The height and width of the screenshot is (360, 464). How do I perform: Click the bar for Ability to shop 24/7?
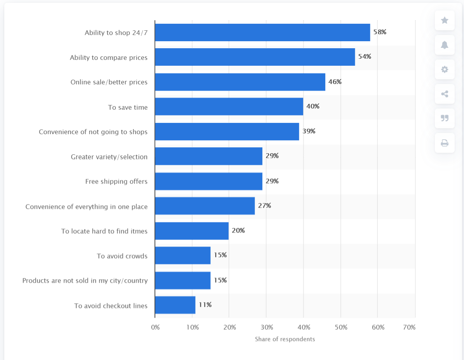(x=262, y=32)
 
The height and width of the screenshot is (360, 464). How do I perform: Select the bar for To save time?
(x=229, y=107)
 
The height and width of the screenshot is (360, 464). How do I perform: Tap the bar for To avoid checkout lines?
(x=175, y=305)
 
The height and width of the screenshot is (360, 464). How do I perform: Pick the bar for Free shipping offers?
(x=209, y=181)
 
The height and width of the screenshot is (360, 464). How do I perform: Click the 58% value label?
(x=380, y=32)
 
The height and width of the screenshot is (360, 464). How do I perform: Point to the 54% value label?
(x=365, y=56)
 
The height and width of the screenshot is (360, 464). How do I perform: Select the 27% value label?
(x=264, y=206)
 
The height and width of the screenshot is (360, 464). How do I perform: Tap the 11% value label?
(x=205, y=305)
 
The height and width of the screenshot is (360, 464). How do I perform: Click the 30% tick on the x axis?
(x=267, y=327)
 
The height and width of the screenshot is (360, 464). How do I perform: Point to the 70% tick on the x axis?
(x=409, y=327)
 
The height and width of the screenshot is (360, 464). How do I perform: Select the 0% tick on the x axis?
(x=155, y=327)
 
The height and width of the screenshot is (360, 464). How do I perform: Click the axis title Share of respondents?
(x=285, y=339)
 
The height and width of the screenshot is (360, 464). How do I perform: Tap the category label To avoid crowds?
(x=122, y=256)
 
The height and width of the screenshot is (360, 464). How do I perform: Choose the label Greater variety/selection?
(x=109, y=157)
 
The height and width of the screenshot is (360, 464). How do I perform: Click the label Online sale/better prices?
(x=109, y=82)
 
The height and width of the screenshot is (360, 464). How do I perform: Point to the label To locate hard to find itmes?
(x=104, y=231)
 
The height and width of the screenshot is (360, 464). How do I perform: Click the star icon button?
(x=445, y=21)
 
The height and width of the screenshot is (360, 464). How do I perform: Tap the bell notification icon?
(x=445, y=45)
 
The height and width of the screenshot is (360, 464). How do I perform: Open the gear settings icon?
(x=445, y=70)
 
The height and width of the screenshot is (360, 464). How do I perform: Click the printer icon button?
(x=445, y=143)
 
